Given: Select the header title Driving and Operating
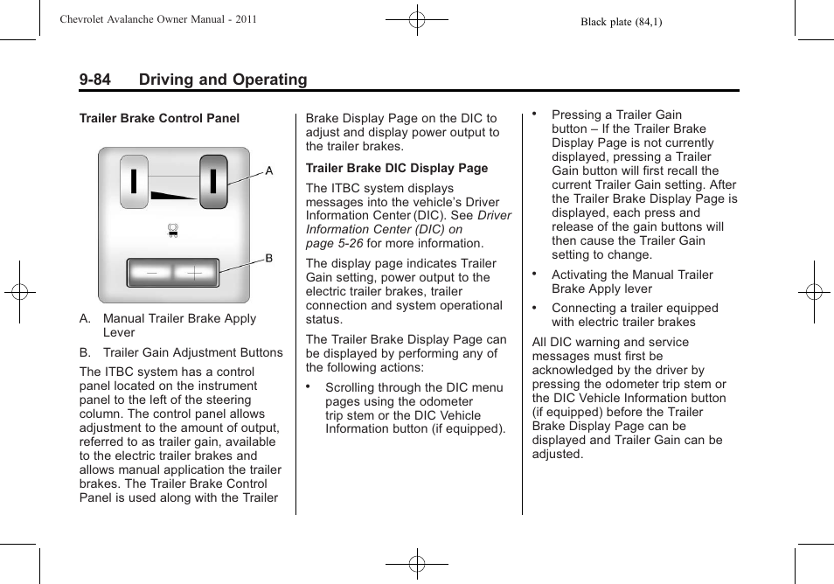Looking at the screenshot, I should (222, 80).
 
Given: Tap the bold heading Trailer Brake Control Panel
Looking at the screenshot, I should (159, 118).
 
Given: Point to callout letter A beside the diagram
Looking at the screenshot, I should (269, 171).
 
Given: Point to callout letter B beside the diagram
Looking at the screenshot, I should (269, 259).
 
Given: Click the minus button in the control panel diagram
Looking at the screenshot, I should (152, 273).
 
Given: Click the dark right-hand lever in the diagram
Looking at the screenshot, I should (213, 182).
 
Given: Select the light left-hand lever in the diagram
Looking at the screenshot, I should (134, 182).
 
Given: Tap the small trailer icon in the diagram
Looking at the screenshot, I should (173, 231).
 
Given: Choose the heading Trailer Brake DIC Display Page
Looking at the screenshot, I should (397, 168).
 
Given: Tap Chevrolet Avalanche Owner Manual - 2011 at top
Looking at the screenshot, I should (157, 19).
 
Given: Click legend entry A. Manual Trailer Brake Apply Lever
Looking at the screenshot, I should (179, 325).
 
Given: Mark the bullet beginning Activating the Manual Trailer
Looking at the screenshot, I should (632, 282).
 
